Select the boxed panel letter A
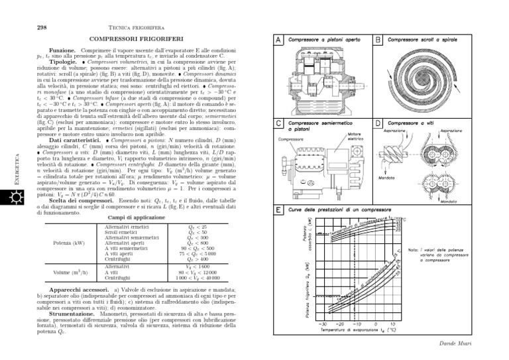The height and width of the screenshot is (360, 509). [x=280, y=40]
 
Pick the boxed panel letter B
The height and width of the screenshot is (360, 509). [x=378, y=40]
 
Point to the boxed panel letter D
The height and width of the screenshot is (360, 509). [x=378, y=123]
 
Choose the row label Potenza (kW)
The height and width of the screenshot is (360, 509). [x=64, y=243]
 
